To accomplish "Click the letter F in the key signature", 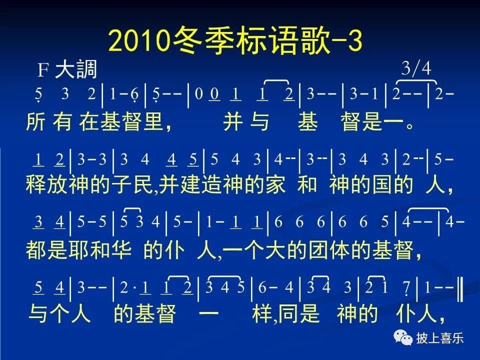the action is pos(43,70).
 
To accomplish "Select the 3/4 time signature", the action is pos(416,68).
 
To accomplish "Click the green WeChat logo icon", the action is pos(403,337).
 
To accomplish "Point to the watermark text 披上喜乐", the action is pos(440,338).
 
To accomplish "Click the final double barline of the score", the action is pos(459,288).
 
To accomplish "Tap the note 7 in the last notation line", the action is pos(406,288).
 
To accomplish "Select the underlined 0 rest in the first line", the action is pos(214,94).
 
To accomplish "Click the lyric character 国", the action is pos(382,184).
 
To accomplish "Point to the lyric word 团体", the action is pos(329,250).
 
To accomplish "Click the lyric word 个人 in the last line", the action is pos(70,314).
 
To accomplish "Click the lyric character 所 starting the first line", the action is pos(36,121).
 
